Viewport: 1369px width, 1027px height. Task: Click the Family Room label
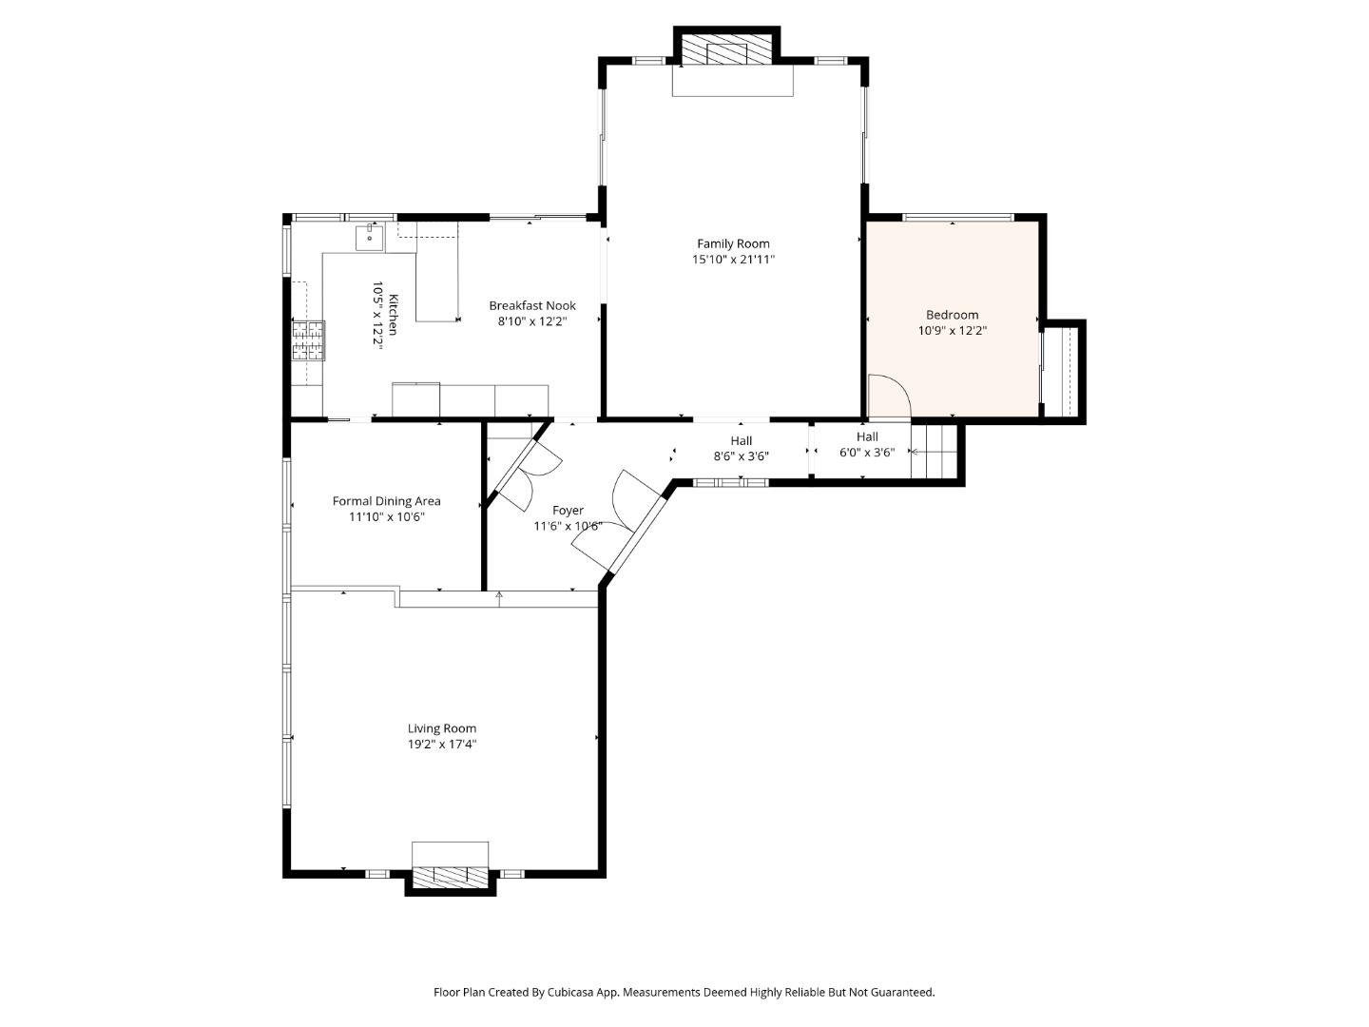733,243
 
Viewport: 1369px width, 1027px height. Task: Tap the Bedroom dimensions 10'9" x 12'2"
952,331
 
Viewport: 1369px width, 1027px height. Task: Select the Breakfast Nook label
531,305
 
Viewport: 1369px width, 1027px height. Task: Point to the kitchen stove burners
308,340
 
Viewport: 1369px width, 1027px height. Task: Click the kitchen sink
369,237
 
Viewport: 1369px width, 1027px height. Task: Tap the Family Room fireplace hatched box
727,51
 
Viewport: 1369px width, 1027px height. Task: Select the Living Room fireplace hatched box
450,876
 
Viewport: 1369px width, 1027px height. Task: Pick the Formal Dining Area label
386,501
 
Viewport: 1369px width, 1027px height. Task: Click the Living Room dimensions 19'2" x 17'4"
442,745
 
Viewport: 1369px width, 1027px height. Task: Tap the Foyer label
568,511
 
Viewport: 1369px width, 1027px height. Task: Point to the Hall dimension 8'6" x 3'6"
741,456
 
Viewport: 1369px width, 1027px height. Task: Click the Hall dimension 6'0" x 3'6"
866,453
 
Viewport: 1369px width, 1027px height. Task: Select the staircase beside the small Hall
935,451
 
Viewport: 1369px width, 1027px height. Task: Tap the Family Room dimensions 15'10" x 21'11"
733,260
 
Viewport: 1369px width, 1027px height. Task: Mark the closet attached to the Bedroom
1063,371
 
